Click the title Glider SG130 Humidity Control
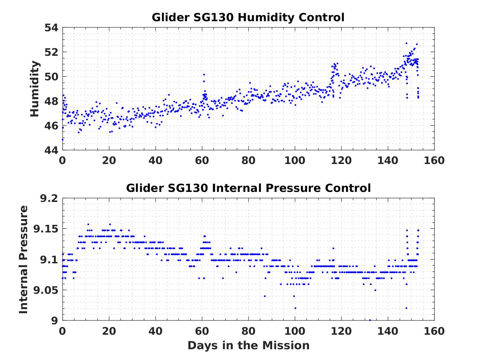(248, 17)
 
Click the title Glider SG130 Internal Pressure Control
(248, 188)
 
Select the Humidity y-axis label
(35, 89)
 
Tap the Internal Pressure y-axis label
(24, 259)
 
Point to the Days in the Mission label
(248, 345)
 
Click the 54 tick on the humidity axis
(52, 28)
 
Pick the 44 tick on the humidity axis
(52, 150)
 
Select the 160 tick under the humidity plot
(434, 161)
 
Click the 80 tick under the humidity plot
(248, 161)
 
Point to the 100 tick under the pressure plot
(294, 331)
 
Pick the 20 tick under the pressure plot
(109, 331)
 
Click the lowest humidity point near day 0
(63, 139)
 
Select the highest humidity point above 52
(406, 43)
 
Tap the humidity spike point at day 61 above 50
(204, 75)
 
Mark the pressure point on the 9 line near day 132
(370, 320)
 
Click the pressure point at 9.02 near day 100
(295, 308)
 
